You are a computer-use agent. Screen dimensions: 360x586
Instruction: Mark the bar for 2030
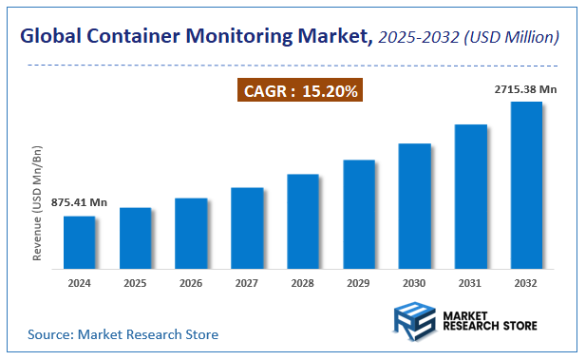pos(414,205)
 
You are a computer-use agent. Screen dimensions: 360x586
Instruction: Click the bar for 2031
pos(470,196)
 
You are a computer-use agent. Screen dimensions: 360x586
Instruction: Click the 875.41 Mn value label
pos(78,202)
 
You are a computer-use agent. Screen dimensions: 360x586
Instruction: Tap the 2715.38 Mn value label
pos(526,88)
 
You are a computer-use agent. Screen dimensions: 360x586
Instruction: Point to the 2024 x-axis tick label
pos(79,282)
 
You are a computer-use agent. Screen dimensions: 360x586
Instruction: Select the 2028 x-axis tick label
pos(302,282)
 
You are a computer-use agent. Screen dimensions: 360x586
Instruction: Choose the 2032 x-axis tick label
pos(526,282)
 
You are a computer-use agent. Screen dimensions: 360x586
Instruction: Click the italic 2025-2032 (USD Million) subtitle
pos(469,37)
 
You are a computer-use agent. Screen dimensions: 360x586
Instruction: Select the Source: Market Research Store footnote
pos(123,334)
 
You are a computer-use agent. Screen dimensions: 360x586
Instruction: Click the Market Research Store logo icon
pos(414,320)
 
